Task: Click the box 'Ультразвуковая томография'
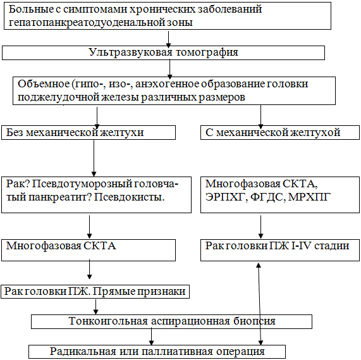163,53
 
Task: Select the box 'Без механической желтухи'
89,132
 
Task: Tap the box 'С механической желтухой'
280,132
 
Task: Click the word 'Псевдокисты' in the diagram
129,197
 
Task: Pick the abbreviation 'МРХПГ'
309,197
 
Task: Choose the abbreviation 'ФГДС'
267,197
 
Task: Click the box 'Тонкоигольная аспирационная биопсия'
171,321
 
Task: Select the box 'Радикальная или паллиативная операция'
157,352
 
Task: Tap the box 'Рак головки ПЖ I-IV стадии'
280,250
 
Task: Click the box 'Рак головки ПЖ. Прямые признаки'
95,292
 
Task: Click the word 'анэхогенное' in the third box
167,84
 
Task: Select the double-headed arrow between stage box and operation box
259,304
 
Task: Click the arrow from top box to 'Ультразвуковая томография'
169,39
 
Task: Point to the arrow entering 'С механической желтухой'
260,117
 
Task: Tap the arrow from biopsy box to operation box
151,337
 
